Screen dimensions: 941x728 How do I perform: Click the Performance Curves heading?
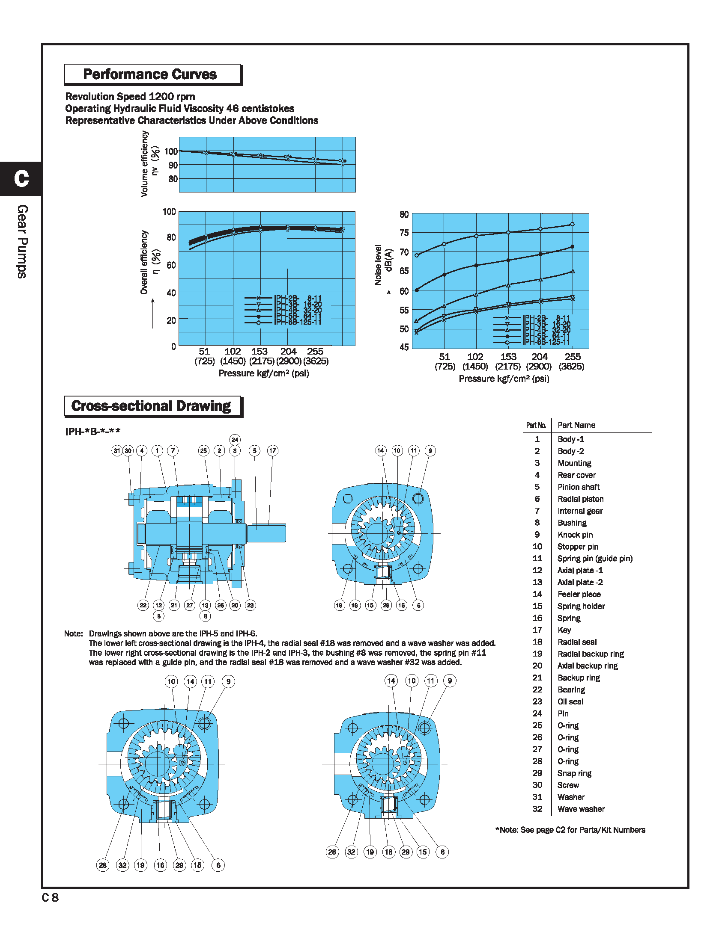pyautogui.click(x=149, y=74)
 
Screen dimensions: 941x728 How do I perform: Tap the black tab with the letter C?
pyautogui.click(x=21, y=178)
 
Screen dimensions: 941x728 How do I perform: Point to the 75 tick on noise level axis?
pyautogui.click(x=404, y=233)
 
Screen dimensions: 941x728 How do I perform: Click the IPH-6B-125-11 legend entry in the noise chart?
pyautogui.click(x=546, y=342)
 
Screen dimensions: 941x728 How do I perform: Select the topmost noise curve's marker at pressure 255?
pyautogui.click(x=572, y=224)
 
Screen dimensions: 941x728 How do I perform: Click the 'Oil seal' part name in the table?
pyautogui.click(x=570, y=701)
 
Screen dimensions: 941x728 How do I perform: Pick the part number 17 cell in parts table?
pyautogui.click(x=537, y=630)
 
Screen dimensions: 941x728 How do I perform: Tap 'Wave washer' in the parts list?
pyautogui.click(x=581, y=809)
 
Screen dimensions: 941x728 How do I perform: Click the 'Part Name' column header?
pyautogui.click(x=576, y=425)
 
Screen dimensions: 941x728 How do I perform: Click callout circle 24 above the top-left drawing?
pyautogui.click(x=235, y=439)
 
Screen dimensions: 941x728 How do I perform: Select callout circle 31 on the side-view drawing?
pyautogui.click(x=117, y=451)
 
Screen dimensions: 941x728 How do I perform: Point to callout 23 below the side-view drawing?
pyautogui.click(x=250, y=605)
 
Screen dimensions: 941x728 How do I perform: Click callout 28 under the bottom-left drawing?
pyautogui.click(x=103, y=865)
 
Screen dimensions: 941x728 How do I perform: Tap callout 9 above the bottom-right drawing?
pyautogui.click(x=449, y=681)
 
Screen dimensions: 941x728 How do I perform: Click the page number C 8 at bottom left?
pyautogui.click(x=50, y=897)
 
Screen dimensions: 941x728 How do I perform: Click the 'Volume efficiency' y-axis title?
pyautogui.click(x=144, y=164)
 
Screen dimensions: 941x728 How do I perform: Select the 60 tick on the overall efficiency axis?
pyautogui.click(x=171, y=265)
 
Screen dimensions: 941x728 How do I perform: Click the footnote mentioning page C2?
pyautogui.click(x=570, y=830)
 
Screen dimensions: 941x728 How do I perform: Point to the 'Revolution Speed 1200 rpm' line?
pyautogui.click(x=130, y=97)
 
